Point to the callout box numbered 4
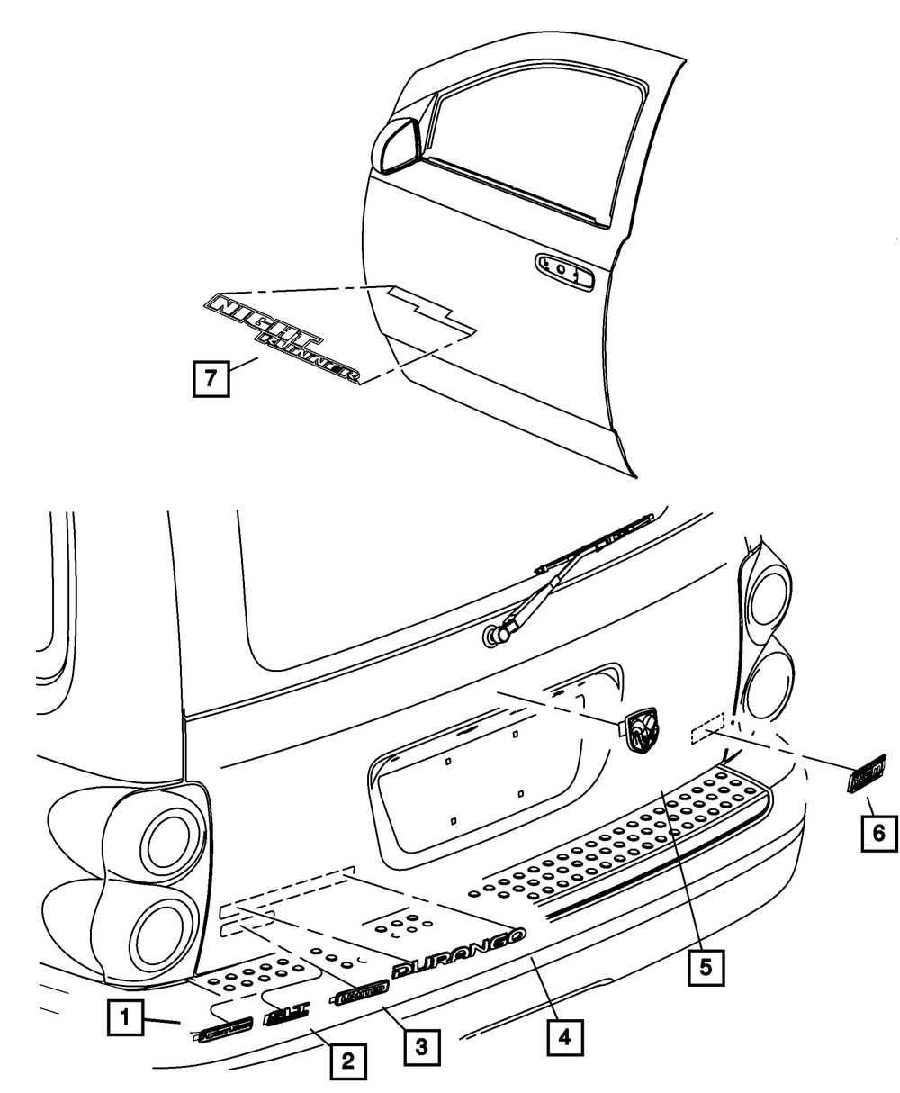point(563,1037)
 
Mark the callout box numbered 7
point(210,377)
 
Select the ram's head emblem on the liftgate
point(642,727)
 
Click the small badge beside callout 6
point(868,772)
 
